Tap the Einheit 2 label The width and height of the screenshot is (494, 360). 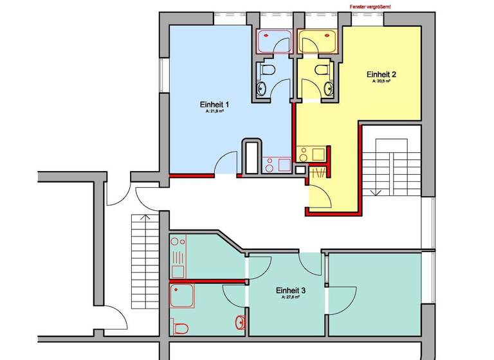[x=381, y=74]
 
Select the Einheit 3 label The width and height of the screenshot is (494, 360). [x=291, y=291]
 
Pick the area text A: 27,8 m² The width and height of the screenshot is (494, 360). [x=291, y=298]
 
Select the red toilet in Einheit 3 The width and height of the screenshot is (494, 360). [x=181, y=327]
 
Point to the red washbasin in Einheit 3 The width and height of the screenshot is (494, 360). [x=241, y=321]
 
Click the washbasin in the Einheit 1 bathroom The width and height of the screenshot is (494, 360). [x=261, y=89]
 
